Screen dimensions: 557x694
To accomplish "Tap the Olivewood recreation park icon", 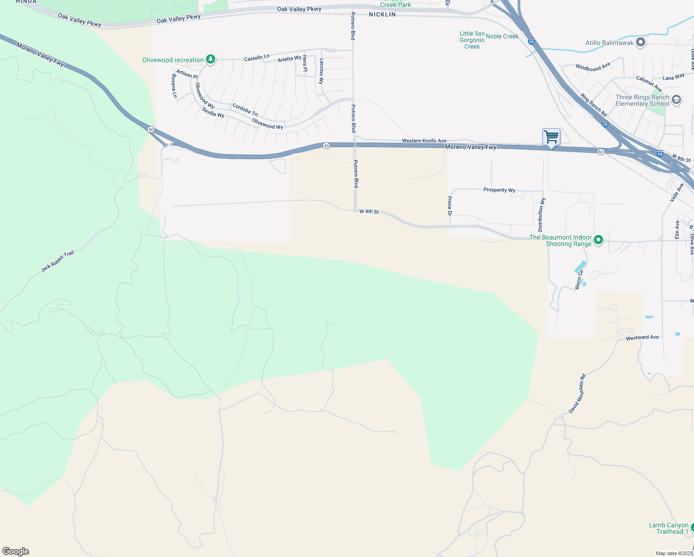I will point(211,59).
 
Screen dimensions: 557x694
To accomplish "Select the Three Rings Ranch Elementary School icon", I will point(676,100).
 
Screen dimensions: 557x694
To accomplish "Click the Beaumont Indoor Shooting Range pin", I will point(598,240).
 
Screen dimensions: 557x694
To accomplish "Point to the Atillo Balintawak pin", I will point(641,43).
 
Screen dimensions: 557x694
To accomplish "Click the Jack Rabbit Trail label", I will point(57,261).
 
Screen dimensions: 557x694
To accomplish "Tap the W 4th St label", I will point(369,212).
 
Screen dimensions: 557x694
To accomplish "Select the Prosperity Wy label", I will point(499,190).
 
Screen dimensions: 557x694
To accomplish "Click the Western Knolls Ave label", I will point(424,141).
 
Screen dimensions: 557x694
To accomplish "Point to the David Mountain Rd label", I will point(577,394).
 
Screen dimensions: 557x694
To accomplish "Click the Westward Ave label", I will point(642,337).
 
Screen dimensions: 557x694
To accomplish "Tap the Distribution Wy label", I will point(541,215).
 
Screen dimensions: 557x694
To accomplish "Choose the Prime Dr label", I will point(449,206).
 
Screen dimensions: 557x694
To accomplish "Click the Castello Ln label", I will point(257,58).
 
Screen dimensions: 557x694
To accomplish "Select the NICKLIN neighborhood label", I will point(382,14).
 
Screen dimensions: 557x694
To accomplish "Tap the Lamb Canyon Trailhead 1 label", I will point(668,528).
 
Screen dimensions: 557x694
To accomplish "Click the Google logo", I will point(16,551).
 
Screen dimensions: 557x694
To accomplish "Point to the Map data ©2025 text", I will point(674,553).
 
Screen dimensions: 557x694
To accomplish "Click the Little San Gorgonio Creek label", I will point(472,40).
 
